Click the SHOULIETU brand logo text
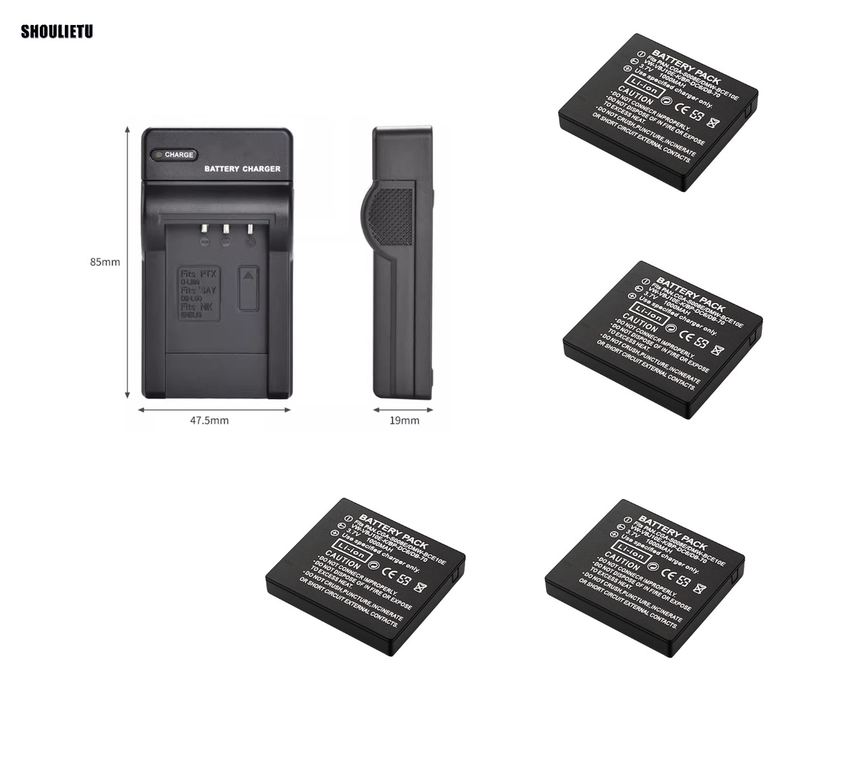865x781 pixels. click(x=57, y=31)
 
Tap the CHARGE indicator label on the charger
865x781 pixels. click(x=178, y=154)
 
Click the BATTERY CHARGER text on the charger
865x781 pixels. click(x=242, y=169)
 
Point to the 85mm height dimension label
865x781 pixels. click(x=105, y=261)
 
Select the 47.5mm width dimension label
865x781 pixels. click(x=209, y=420)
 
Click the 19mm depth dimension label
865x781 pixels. click(x=404, y=420)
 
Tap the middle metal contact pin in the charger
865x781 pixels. click(x=226, y=229)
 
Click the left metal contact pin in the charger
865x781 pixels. click(x=204, y=229)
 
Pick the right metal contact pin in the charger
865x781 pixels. click(x=249, y=229)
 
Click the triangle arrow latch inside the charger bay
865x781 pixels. click(x=249, y=276)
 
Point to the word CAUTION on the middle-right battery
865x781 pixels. click(x=639, y=322)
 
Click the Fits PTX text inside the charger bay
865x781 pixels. click(x=199, y=274)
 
